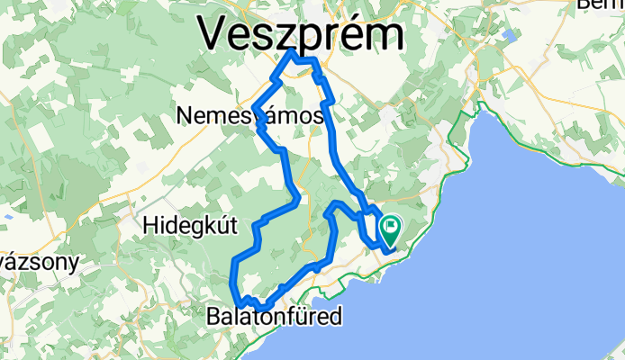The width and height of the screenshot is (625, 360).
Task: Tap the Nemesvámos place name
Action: (250, 117)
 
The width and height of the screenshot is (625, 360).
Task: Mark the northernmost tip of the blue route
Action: (291, 53)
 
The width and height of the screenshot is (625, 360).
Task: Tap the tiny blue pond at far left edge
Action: (7, 216)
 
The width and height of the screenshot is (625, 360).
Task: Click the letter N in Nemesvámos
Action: (186, 117)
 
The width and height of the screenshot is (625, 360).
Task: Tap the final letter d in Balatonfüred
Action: (336, 317)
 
